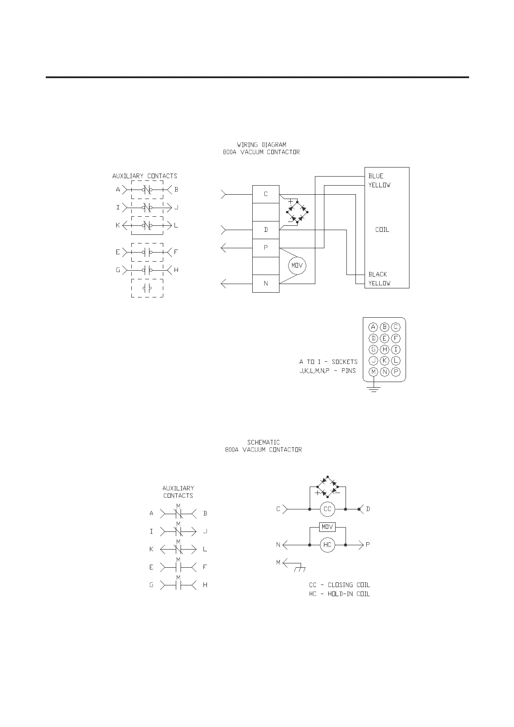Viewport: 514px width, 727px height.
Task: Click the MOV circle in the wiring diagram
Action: (297, 266)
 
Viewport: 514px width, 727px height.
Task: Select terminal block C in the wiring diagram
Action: (266, 194)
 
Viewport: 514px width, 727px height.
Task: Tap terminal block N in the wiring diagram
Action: (266, 283)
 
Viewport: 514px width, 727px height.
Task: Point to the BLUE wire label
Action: (376, 176)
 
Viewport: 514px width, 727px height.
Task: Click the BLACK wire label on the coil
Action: (378, 274)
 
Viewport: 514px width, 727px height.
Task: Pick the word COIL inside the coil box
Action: (382, 230)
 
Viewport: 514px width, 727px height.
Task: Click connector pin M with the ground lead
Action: (374, 372)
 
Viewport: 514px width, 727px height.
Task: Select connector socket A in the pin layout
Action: (374, 327)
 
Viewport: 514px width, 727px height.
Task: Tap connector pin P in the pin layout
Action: (396, 372)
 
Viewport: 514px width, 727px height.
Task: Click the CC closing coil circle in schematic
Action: (327, 509)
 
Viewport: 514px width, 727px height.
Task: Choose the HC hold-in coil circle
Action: (327, 545)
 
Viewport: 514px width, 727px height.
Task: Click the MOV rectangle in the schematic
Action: (327, 527)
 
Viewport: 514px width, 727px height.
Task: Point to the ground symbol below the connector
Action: (374, 389)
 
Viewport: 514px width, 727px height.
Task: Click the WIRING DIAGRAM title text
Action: (261, 145)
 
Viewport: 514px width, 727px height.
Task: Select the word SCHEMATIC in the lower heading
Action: (263, 442)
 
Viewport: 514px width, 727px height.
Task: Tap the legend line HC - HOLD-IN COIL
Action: (339, 594)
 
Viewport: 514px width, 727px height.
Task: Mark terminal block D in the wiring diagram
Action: (266, 230)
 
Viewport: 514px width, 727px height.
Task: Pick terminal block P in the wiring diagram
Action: (266, 248)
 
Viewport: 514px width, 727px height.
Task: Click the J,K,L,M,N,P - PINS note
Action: (328, 371)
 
